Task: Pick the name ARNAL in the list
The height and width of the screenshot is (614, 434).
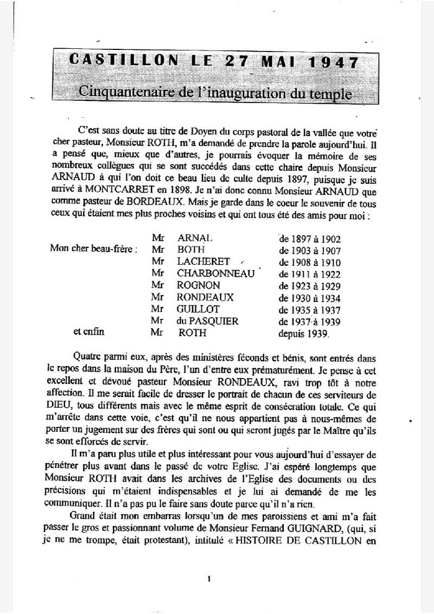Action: (x=197, y=238)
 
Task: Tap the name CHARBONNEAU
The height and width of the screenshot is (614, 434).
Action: (x=215, y=273)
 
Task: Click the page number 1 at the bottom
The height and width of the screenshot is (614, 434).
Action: (x=209, y=579)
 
